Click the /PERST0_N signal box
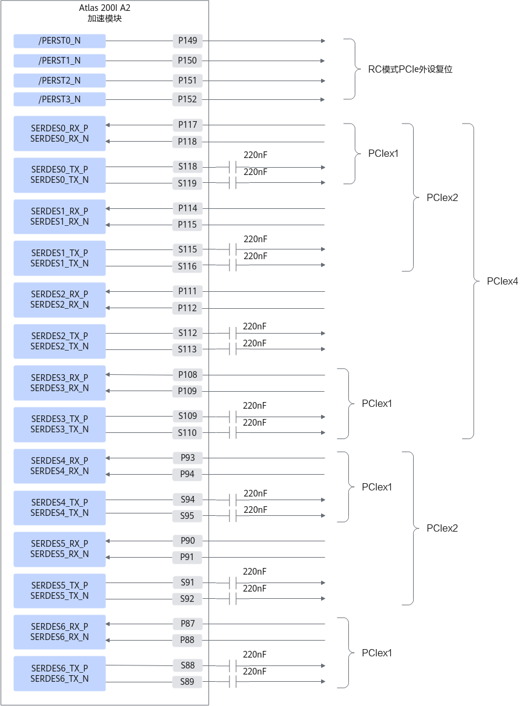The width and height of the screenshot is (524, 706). coord(59,41)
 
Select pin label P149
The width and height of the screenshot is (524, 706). coord(187,41)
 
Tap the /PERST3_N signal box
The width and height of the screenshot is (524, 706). coord(59,99)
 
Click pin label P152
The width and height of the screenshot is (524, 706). coord(187,99)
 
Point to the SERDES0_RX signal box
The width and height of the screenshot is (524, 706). coord(59,133)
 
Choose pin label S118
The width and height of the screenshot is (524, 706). coord(187,167)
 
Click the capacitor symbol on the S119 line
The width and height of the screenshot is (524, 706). coord(233,183)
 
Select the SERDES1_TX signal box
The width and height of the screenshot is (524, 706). coord(59,258)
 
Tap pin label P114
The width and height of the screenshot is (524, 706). coord(187,208)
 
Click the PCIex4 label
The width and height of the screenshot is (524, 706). coord(502,282)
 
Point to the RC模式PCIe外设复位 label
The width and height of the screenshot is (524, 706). coord(410,70)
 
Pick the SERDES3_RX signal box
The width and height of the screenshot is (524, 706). coord(59,383)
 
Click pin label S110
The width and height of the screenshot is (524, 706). coord(187,433)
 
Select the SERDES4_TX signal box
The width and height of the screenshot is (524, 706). coord(59,507)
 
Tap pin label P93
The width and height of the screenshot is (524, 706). coord(187,458)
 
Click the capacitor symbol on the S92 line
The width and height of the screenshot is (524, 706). coord(233,599)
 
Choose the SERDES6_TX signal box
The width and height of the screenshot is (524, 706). coord(59,673)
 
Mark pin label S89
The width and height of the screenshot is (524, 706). coord(187,682)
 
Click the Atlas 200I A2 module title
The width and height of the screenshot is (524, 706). coord(105,13)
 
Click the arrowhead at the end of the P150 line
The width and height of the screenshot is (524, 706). coord(323,61)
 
